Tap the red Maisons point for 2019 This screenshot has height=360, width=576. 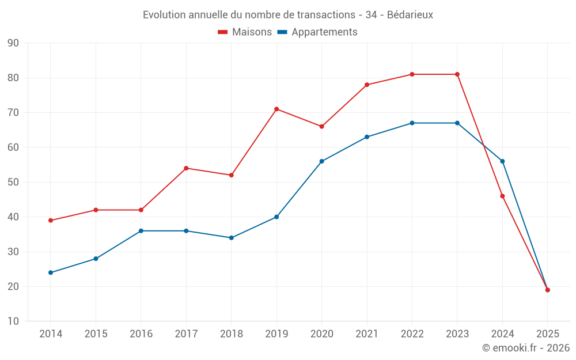[276, 109]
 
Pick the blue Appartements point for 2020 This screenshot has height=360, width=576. [321, 161]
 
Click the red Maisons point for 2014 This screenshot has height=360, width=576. [51, 221]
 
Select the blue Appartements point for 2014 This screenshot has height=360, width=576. [51, 272]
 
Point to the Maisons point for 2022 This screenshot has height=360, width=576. [412, 74]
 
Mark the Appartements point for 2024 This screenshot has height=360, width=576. [502, 161]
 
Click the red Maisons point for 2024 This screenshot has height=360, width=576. [502, 196]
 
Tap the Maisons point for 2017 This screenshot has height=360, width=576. [186, 168]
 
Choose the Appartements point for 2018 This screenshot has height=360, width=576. [231, 238]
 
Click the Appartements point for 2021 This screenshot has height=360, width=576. [367, 137]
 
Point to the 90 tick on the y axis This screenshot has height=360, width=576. [13, 43]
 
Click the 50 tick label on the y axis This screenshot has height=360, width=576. [13, 183]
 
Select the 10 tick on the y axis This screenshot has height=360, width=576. [13, 321]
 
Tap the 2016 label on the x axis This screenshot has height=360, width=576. [141, 334]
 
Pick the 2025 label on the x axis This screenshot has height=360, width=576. [547, 334]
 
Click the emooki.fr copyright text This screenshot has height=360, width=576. [525, 348]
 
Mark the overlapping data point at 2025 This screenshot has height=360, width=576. [547, 290]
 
